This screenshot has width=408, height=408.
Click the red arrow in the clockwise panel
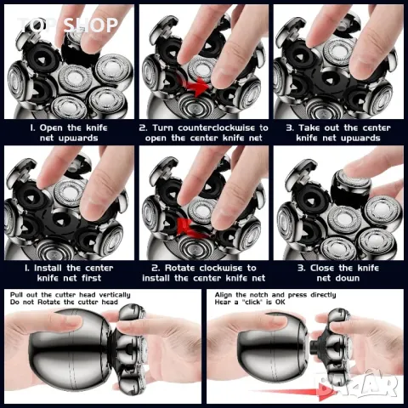pyautogui.click(x=190, y=228)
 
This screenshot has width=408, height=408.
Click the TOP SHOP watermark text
pyautogui.click(x=67, y=25)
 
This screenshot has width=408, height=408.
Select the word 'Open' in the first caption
pyautogui.click(x=51, y=128)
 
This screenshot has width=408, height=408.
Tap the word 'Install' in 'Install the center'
pyautogui.click(x=48, y=268)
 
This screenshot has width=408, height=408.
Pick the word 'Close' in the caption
pyautogui.click(x=322, y=268)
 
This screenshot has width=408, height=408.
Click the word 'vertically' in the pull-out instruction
pyautogui.click(x=115, y=295)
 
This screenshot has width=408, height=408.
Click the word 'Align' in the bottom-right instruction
pyautogui.click(x=224, y=295)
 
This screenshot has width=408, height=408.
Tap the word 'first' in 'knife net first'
pyautogui.click(x=92, y=278)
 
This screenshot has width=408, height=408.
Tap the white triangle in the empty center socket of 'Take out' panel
pyautogui.click(x=329, y=82)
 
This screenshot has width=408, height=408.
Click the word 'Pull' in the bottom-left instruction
pyautogui.click(x=17, y=295)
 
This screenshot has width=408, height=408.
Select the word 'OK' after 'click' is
pyautogui.click(x=280, y=302)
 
